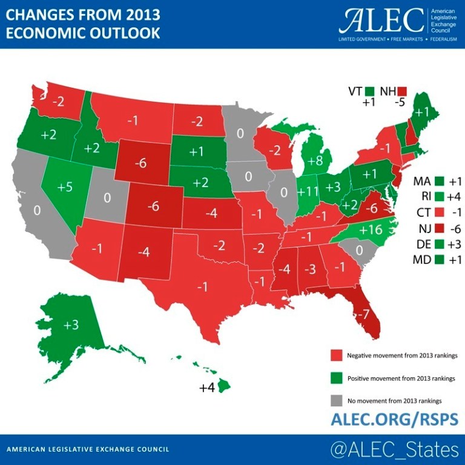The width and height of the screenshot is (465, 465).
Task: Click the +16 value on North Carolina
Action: pyautogui.click(x=370, y=230)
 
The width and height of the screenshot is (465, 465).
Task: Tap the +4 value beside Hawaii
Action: pyautogui.click(x=207, y=387)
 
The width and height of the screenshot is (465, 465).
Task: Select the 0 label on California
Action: pyautogui.click(x=38, y=210)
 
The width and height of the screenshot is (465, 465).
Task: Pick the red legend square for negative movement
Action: pyautogui.click(x=337, y=355)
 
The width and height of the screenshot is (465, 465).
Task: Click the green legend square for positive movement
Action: pyautogui.click(x=337, y=378)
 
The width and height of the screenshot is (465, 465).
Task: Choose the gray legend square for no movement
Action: pyautogui.click(x=337, y=401)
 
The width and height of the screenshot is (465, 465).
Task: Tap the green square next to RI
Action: pyautogui.click(x=440, y=197)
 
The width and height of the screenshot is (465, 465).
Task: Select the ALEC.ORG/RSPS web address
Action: pyautogui.click(x=394, y=419)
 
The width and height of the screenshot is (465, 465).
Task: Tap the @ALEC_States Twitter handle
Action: pyautogui.click(x=394, y=450)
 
